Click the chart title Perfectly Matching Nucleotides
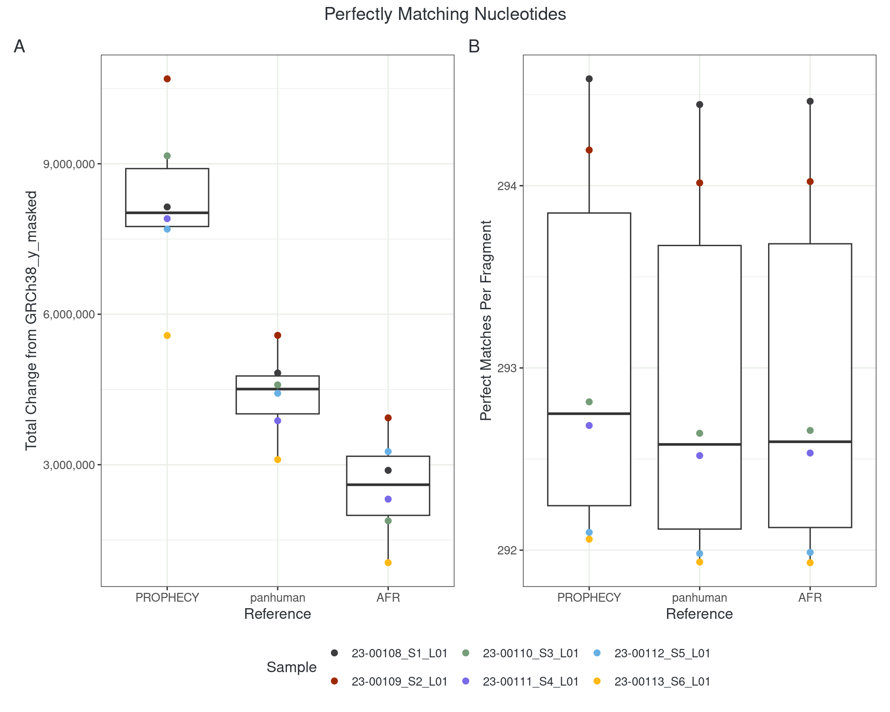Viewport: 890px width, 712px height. tap(445, 14)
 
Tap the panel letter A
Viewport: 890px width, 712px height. tap(19, 46)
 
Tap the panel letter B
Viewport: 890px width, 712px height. tap(474, 46)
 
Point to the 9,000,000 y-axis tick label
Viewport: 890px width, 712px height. tap(69, 164)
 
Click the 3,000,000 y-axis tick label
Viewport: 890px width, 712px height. tap(69, 465)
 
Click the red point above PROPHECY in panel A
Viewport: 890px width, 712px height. tap(167, 79)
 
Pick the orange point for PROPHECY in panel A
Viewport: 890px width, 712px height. tap(167, 336)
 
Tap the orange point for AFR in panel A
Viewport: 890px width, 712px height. tap(388, 563)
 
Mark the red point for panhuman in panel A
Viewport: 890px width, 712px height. tap(278, 335)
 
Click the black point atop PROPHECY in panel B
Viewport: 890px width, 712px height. tap(589, 79)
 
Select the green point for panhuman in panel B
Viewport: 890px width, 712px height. tap(700, 433)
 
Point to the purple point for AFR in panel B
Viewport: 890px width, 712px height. tap(810, 453)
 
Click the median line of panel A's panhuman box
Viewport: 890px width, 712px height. tap(278, 389)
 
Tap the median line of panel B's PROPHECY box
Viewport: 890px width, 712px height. tap(589, 413)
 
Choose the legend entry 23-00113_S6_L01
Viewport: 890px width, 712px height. tap(662, 681)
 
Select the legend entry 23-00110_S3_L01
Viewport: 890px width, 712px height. tap(530, 653)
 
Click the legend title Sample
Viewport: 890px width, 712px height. tap(292, 667)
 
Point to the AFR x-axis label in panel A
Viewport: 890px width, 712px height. tap(388, 598)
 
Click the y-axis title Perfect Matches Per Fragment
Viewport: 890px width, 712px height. tap(486, 320)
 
